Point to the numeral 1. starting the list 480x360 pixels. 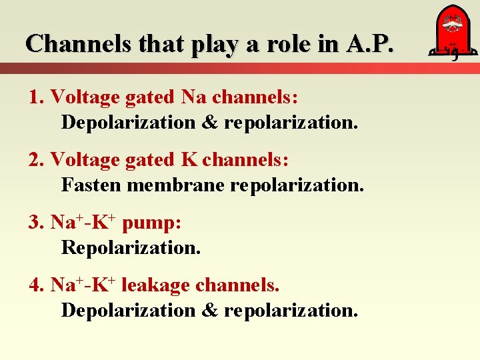coord(37,97)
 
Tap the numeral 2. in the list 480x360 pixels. coord(37,160)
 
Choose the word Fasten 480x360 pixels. coord(91,185)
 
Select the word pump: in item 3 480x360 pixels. coord(151,223)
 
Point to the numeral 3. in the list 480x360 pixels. coord(37,223)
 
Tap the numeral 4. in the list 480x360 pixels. coord(37,285)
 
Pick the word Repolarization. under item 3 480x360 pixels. coord(131,247)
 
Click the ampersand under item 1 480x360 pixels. coord(211,123)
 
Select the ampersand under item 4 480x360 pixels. coord(211,310)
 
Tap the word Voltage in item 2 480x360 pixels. coord(81,160)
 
